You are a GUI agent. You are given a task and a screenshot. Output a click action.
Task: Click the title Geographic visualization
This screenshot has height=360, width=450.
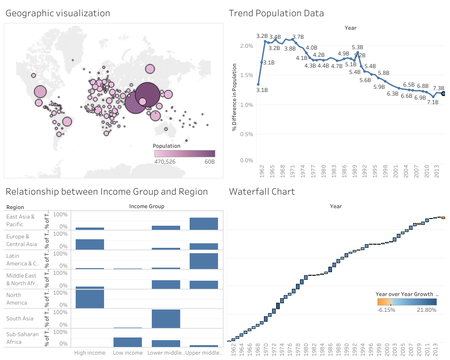tap(58, 14)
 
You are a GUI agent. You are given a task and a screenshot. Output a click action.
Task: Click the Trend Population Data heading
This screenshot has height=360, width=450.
tap(276, 14)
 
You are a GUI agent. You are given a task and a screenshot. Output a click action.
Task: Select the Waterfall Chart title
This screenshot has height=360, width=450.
tap(262, 192)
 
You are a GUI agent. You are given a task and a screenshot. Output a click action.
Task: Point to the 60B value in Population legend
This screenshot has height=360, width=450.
tap(209, 162)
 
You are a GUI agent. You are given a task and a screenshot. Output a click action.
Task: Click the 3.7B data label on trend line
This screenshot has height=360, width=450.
tap(298, 36)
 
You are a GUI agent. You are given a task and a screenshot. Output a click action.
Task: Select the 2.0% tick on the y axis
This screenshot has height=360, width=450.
tap(246, 46)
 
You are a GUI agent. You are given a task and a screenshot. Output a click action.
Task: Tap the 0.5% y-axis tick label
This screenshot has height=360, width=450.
tap(246, 134)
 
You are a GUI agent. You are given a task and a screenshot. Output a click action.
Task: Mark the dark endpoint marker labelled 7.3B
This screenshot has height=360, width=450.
tap(444, 94)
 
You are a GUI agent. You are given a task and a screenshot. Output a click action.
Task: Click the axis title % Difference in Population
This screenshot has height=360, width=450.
tap(235, 97)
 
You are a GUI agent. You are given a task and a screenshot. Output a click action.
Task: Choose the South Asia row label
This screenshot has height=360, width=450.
tap(20, 319)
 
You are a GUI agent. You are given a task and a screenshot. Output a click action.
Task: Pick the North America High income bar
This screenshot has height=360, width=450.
tap(90, 299)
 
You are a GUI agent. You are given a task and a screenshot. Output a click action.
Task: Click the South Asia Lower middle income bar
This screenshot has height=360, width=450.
tap(166, 319)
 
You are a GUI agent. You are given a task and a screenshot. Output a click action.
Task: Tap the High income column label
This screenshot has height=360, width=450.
tap(90, 353)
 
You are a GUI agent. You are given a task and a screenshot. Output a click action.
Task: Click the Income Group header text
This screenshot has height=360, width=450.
tap(146, 206)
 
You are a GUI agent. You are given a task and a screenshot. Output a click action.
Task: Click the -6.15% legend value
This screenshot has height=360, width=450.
tap(386, 310)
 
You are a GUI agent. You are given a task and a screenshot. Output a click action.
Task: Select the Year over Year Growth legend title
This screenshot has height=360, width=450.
tap(404, 294)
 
